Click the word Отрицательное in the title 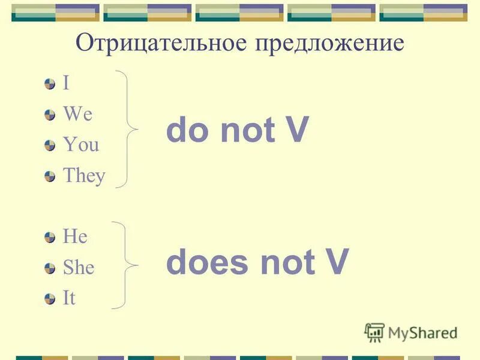pyautogui.click(x=161, y=44)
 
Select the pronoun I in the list pyautogui.click(x=66, y=83)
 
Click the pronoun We pyautogui.click(x=77, y=114)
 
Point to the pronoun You pyautogui.click(x=81, y=145)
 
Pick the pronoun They pyautogui.click(x=84, y=176)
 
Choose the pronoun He pyautogui.click(x=75, y=237)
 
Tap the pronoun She pyautogui.click(x=79, y=268)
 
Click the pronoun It pyautogui.click(x=69, y=299)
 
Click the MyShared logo pyautogui.click(x=412, y=332)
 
